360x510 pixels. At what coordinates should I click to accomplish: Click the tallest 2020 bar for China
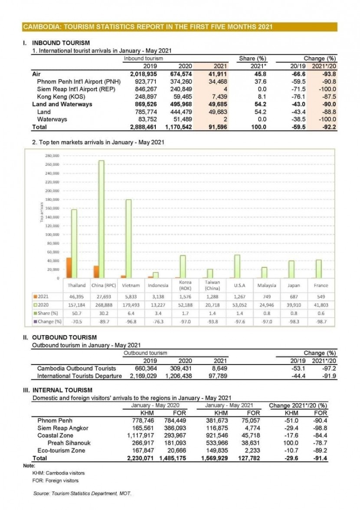(101, 219)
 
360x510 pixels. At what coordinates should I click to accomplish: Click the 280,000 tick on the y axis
(53, 155)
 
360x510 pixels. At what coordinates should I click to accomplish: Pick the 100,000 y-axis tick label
(53, 234)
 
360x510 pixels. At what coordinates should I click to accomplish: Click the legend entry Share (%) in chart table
(48, 313)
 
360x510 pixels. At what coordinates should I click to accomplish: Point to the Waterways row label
(52, 119)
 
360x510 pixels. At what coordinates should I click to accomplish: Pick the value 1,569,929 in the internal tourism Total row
(215, 458)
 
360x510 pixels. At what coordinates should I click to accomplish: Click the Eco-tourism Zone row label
(60, 451)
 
